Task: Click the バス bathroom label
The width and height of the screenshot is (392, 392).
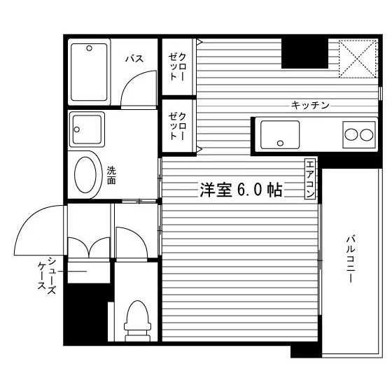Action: click(x=134, y=59)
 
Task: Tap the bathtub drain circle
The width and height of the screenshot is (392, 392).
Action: click(x=90, y=48)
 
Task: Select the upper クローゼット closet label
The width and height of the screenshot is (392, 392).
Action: click(x=177, y=66)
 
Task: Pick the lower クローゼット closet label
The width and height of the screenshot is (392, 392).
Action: click(x=177, y=126)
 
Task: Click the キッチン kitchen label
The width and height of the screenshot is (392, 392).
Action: click(x=310, y=105)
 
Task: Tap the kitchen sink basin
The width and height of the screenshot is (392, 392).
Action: click(x=280, y=134)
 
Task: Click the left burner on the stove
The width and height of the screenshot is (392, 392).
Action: click(x=351, y=134)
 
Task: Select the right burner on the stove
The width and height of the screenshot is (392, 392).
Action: click(x=367, y=134)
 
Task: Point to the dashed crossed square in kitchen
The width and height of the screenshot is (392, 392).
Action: click(x=358, y=59)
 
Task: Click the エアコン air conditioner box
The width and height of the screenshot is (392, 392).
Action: click(x=310, y=178)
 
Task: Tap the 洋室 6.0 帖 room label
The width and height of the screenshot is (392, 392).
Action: click(x=241, y=190)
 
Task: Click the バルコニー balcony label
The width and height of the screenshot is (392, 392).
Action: click(x=351, y=259)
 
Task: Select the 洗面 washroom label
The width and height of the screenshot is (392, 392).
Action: click(x=111, y=176)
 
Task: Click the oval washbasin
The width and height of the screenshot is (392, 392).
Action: click(x=85, y=175)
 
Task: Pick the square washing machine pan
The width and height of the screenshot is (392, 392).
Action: click(x=87, y=129)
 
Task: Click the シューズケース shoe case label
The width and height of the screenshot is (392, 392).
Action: click(x=47, y=275)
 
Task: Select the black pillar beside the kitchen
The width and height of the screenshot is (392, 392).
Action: click(x=304, y=53)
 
